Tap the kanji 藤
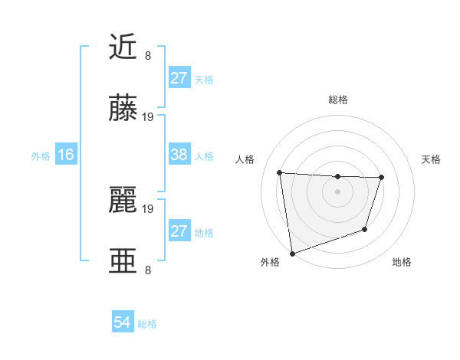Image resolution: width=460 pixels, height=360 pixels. tap(123, 109)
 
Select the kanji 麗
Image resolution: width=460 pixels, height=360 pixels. tap(123, 201)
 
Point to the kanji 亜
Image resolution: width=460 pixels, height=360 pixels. tap(123, 261)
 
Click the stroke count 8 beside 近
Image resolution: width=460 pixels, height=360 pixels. tap(148, 55)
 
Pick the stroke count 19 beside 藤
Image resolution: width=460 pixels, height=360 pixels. tap(148, 116)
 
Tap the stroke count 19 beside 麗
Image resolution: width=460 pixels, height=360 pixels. tap(148, 208)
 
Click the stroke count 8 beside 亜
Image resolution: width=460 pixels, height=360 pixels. tap(148, 270)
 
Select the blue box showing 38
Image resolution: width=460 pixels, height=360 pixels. tap(179, 155)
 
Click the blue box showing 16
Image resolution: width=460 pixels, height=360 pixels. tap(66, 155)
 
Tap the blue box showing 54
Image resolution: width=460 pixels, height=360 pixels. tap(123, 322)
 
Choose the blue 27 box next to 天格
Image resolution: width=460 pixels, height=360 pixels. tap(179, 78)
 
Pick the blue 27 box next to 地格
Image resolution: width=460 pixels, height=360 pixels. tap(179, 231)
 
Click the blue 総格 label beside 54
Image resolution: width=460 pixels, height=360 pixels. tap(147, 324)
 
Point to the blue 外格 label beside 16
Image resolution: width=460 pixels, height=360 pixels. tap(41, 156)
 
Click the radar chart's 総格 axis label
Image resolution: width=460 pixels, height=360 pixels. tap(337, 100)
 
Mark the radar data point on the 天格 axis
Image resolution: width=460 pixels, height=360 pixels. tap(381, 178)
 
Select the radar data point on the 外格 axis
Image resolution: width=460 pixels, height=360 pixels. tap(292, 253)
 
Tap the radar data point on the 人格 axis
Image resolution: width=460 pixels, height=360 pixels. tap(280, 172)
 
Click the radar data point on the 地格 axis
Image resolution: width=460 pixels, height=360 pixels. tap(365, 229)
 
